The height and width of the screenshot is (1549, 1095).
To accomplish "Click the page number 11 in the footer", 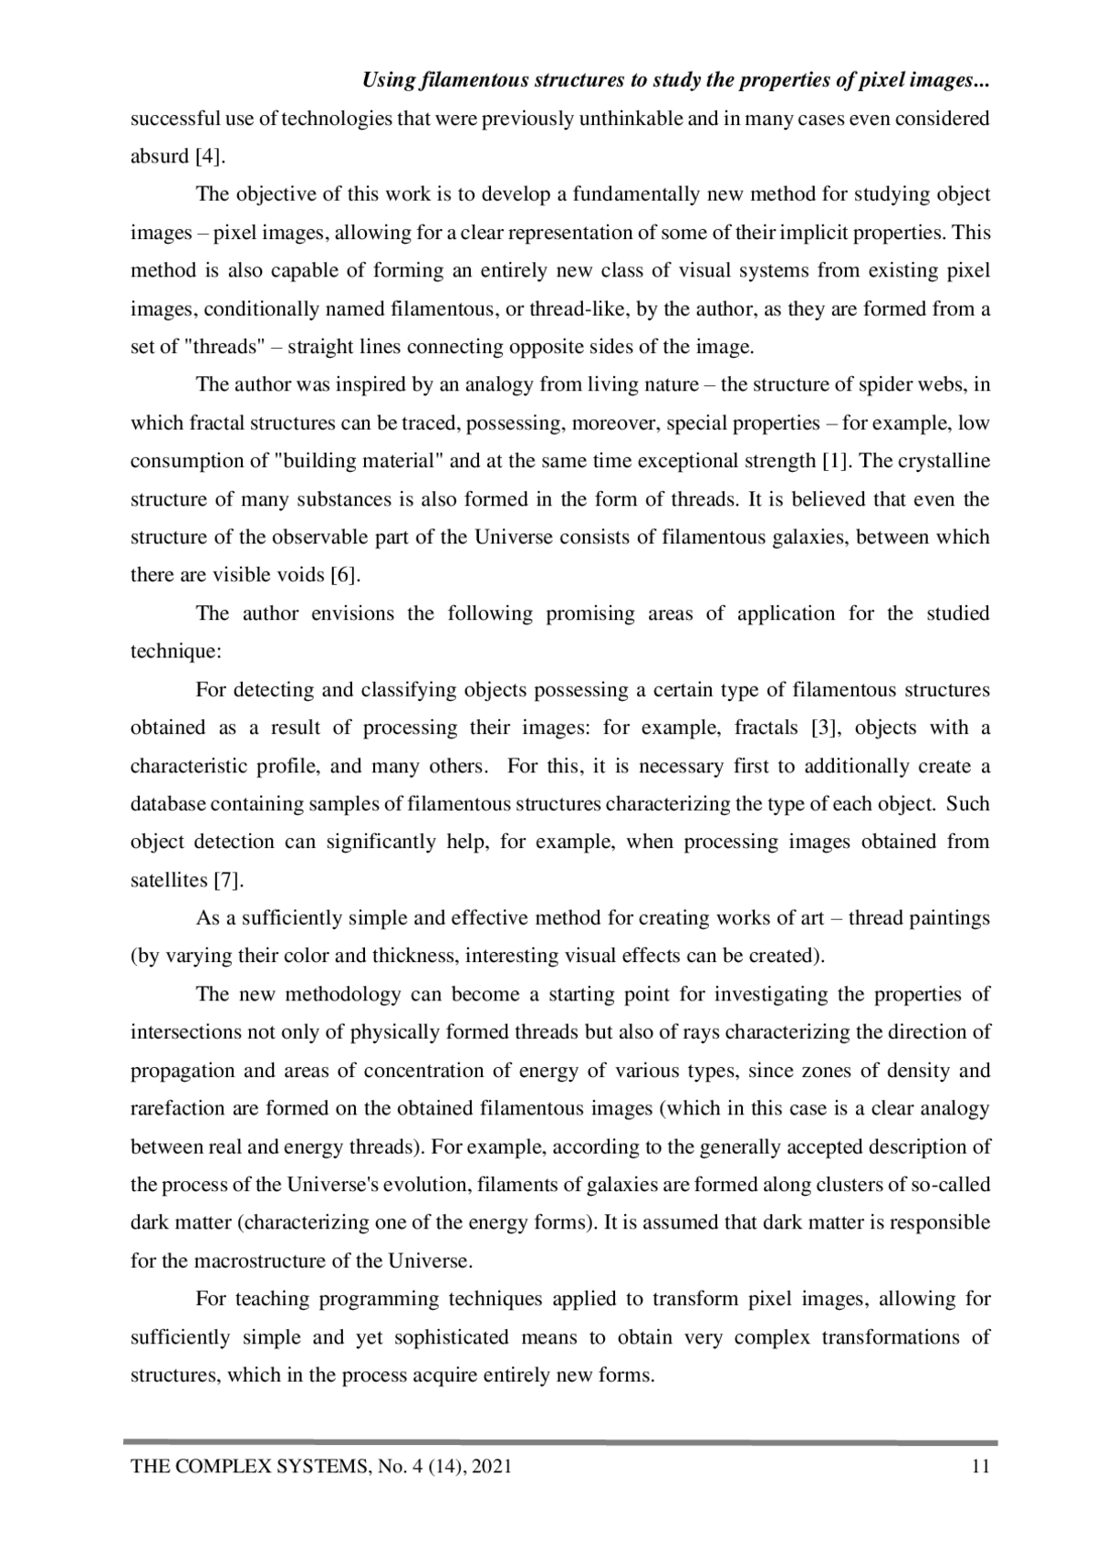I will [981, 1467].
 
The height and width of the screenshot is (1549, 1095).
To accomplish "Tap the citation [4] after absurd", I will [210, 156].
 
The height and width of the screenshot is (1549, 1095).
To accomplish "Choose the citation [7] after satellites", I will [228, 881].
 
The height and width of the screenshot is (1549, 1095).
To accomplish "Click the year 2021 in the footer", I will [492, 1467].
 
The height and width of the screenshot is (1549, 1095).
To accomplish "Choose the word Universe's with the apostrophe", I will [339, 1185].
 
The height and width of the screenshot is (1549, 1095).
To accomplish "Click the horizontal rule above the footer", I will [560, 1443].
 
